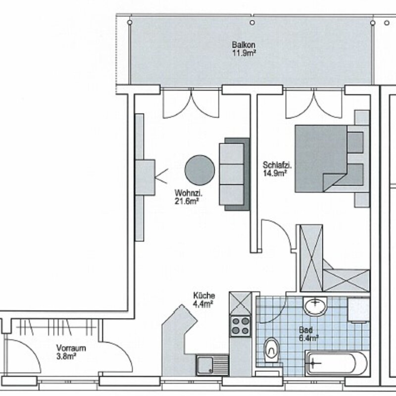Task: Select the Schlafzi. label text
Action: [x=277, y=165]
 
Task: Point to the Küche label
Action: [x=204, y=296]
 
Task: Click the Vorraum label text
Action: [x=71, y=348]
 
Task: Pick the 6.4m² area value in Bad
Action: [x=308, y=338]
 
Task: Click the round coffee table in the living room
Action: [x=200, y=170]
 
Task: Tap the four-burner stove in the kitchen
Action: [x=241, y=326]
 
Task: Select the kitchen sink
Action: [x=212, y=365]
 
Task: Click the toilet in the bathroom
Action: [x=272, y=350]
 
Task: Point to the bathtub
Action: [x=337, y=363]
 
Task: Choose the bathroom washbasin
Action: [x=315, y=306]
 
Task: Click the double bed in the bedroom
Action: [x=330, y=158]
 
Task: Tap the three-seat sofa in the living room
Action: [x=234, y=174]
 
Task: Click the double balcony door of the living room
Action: [x=191, y=103]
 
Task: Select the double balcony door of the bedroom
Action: [x=314, y=103]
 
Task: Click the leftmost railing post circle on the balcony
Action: [x=130, y=22]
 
